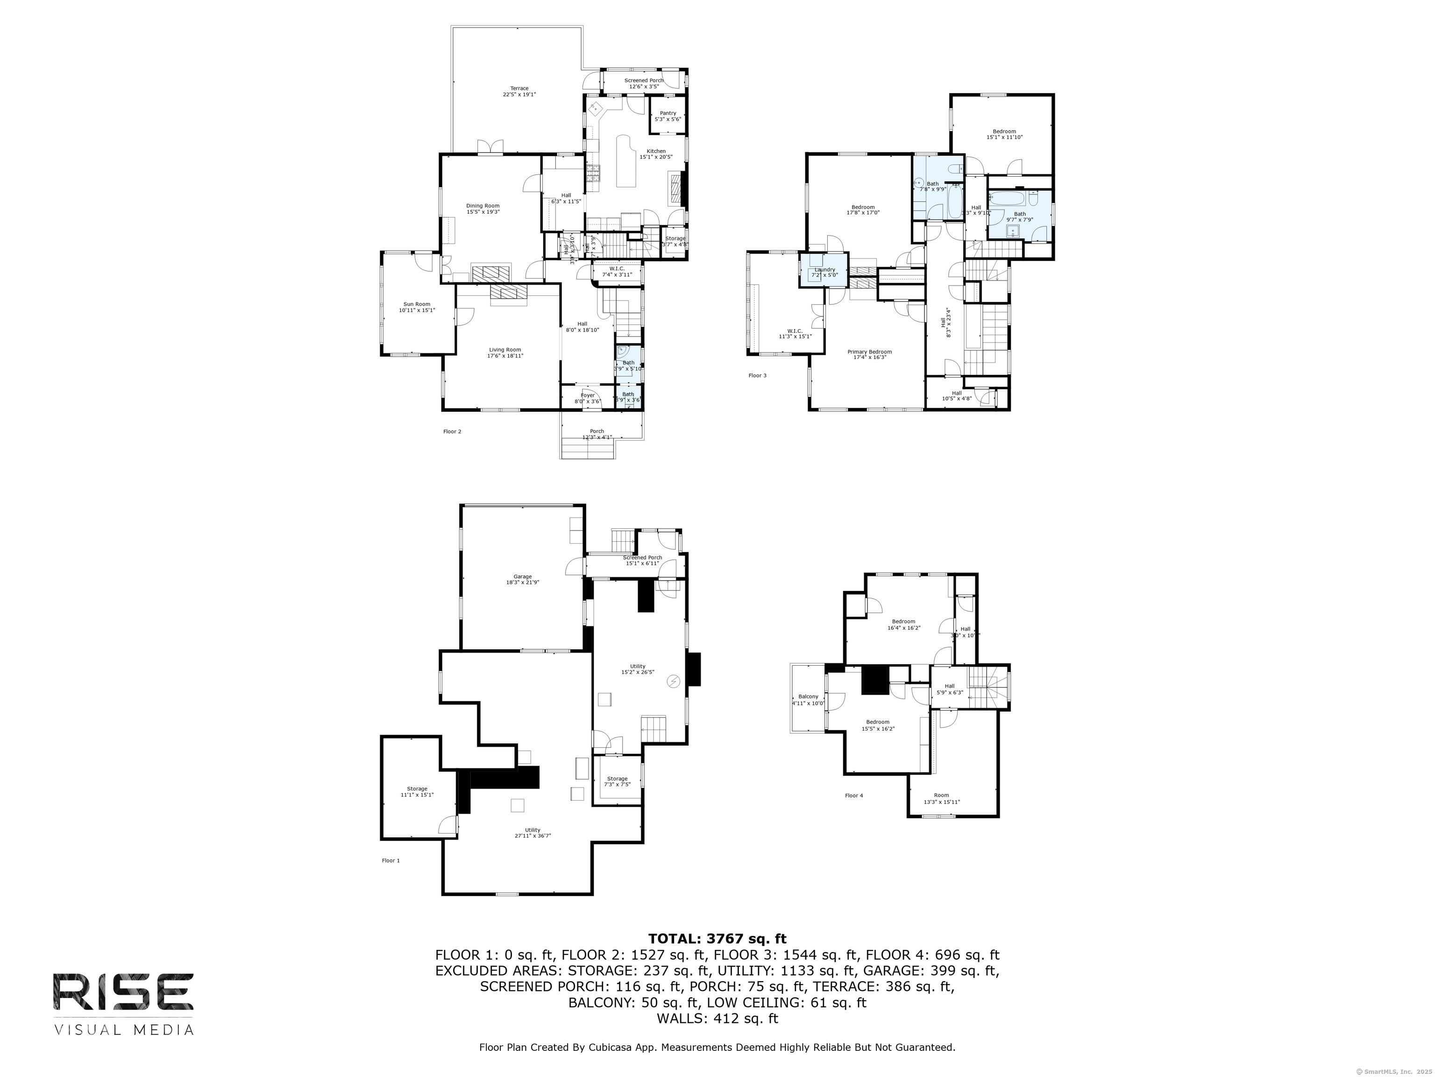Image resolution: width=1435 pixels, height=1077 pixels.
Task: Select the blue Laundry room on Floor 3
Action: click(x=824, y=272)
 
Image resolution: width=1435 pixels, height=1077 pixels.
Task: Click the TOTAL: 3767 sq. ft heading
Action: click(x=717, y=939)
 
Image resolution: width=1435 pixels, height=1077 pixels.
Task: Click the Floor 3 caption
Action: click(x=757, y=375)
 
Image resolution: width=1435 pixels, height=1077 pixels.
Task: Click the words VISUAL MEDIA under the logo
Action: click(x=123, y=1030)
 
